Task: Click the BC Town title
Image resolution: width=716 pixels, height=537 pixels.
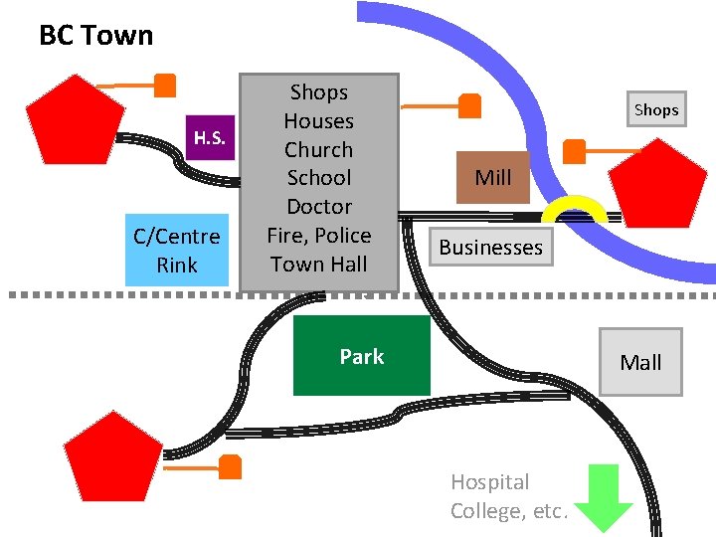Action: click(x=95, y=36)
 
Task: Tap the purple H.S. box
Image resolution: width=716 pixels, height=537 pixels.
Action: click(x=210, y=137)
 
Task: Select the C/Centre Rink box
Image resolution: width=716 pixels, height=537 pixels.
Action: click(x=177, y=251)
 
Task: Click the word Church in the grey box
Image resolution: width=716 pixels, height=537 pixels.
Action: click(x=318, y=149)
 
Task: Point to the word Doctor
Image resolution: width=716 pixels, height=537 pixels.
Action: click(x=318, y=207)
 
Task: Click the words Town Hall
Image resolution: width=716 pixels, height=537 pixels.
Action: click(x=318, y=264)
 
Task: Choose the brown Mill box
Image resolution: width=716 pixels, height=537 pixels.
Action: click(x=493, y=177)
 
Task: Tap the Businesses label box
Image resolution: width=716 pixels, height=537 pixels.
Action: click(x=491, y=248)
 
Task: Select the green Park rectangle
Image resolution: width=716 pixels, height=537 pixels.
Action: click(x=362, y=356)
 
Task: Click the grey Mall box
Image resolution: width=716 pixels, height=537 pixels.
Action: click(x=640, y=362)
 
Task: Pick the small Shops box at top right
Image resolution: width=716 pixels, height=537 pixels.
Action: click(x=655, y=109)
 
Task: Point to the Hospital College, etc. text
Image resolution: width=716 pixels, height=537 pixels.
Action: click(x=507, y=496)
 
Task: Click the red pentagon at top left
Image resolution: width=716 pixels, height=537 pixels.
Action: click(x=76, y=117)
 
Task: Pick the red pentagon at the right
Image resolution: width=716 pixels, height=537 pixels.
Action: click(x=656, y=185)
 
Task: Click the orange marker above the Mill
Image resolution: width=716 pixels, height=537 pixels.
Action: click(x=469, y=104)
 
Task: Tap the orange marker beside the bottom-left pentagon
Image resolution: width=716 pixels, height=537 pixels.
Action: click(x=231, y=465)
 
